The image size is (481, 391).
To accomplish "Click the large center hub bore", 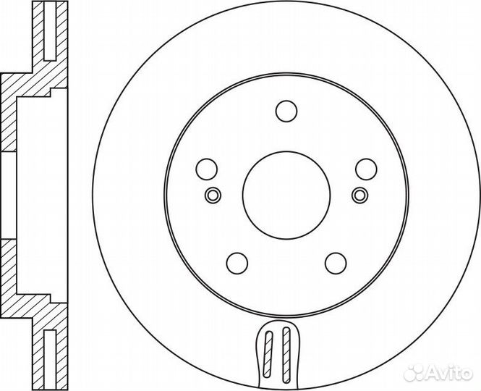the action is [286, 195].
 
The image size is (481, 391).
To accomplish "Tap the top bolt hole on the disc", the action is [286, 111].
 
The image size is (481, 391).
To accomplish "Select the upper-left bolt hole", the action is [206, 169].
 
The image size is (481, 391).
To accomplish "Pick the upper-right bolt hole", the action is [366, 169].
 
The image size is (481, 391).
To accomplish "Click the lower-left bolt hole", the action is [237, 264].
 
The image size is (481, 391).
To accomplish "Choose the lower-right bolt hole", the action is [336, 264].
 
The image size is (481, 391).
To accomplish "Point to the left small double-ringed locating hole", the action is [213, 195].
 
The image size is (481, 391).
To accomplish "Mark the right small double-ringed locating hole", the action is [359, 195].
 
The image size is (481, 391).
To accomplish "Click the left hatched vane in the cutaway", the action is [268, 354].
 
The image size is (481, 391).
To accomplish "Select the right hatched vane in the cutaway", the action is [286, 355].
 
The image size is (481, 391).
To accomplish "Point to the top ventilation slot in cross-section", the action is [50, 31].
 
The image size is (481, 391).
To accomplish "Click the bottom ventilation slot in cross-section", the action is [50, 359].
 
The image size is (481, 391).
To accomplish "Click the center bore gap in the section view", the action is [9, 195].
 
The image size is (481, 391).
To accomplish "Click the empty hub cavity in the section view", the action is [42, 195].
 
